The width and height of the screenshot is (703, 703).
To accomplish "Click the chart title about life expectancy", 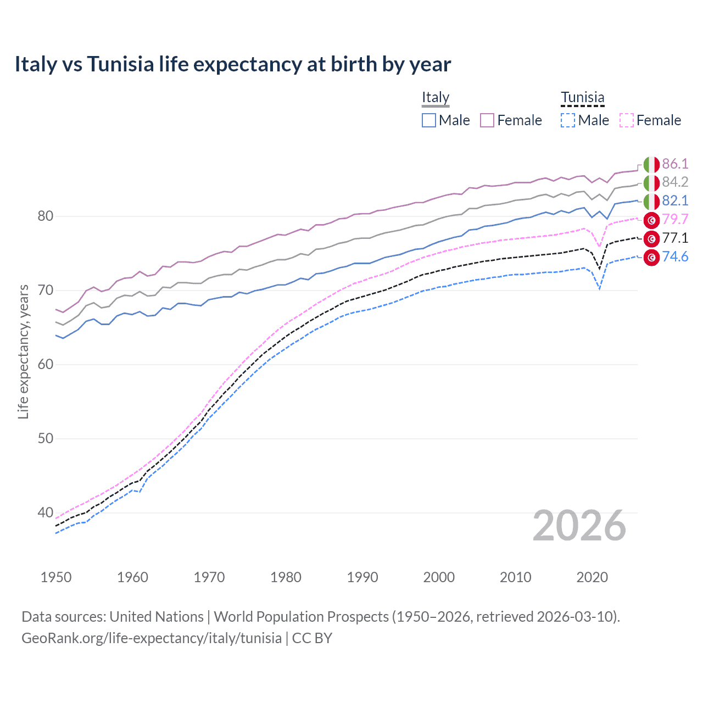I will click(232, 64).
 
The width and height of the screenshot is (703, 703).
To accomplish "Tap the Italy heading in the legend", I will click(436, 97).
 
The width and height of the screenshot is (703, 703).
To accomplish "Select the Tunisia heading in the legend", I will click(582, 97).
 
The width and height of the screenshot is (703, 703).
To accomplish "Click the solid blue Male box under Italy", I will click(429, 120).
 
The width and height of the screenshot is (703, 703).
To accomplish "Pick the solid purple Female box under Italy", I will click(487, 120).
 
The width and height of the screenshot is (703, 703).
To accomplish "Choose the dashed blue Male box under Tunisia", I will click(568, 120).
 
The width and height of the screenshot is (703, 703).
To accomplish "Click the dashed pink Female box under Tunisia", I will click(627, 120).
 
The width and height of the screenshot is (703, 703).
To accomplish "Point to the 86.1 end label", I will click(675, 164).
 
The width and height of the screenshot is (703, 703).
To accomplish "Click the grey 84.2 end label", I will click(675, 182).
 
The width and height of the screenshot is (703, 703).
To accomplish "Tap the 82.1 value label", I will click(675, 200).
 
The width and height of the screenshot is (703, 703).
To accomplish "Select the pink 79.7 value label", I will click(675, 219).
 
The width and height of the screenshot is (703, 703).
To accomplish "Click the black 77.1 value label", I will click(675, 238).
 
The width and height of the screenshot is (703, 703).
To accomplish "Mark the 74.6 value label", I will click(675, 256).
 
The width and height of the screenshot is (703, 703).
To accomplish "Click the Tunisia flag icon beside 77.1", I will click(651, 239).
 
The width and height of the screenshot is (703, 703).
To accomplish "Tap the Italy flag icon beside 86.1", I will click(651, 164).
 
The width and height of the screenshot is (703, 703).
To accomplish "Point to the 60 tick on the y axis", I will click(45, 364).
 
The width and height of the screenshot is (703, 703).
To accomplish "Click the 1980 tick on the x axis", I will click(286, 577).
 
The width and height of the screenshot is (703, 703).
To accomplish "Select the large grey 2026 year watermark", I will click(579, 526).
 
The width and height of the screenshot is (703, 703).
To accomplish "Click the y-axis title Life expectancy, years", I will click(23, 351).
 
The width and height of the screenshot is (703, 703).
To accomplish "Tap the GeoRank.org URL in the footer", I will click(151, 638).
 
